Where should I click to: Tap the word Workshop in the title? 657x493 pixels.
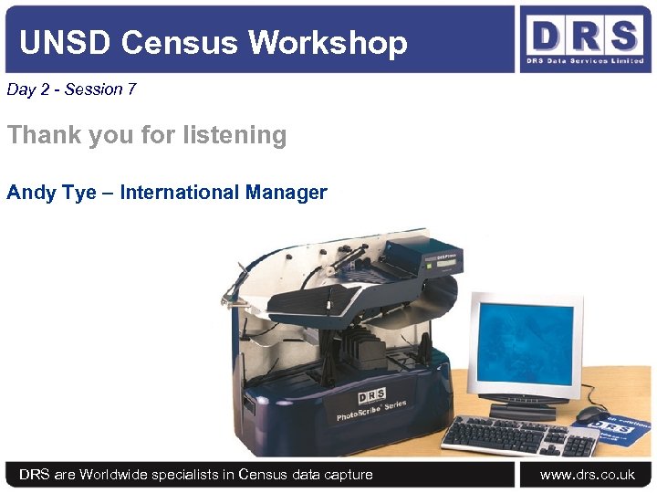328,42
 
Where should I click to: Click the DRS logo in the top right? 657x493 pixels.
584,36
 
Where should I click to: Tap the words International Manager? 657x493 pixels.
224,193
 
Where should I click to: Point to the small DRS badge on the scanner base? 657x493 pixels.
370,394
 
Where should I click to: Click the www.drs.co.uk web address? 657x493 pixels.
587,474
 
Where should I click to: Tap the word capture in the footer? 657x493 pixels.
348,474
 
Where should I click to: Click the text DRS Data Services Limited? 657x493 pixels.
584,62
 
